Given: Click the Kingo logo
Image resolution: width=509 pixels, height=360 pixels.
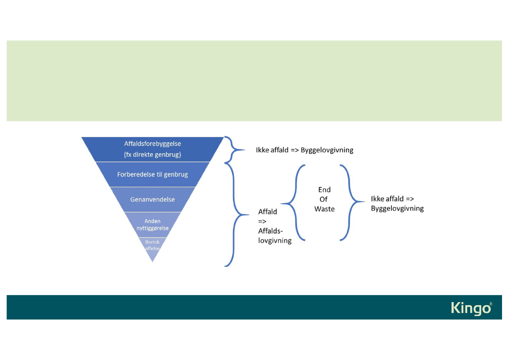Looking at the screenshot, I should point(471,308).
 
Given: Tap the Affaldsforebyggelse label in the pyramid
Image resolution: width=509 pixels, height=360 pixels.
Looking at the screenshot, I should point(152,143).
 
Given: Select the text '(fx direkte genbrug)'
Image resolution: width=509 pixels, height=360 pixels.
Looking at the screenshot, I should point(152,154).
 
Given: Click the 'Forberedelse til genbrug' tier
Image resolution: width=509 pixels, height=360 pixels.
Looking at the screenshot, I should point(152,175).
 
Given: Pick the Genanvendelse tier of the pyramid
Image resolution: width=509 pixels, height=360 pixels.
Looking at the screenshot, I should point(152,199).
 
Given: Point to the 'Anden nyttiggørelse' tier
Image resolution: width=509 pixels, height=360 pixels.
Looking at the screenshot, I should point(152,224).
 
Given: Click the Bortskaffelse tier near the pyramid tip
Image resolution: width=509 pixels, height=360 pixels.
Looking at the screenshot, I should point(152,245).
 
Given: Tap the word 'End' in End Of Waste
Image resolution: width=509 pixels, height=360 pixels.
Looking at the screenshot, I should point(324,190).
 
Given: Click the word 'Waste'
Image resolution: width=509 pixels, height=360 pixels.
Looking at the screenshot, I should point(324,209).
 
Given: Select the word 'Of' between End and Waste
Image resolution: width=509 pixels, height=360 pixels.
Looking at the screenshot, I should point(323,199).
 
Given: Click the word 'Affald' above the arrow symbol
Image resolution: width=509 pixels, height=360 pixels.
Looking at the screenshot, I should point(267,212).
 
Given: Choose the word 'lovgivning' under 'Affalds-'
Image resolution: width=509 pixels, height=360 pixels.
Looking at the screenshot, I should point(275,240).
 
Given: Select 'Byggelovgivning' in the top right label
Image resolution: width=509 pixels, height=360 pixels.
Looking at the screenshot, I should point(327,150).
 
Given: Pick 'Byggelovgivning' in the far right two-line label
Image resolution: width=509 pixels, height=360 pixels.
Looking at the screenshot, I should point(397,209).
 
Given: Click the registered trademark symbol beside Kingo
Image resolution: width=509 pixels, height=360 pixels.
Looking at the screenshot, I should point(491,304).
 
